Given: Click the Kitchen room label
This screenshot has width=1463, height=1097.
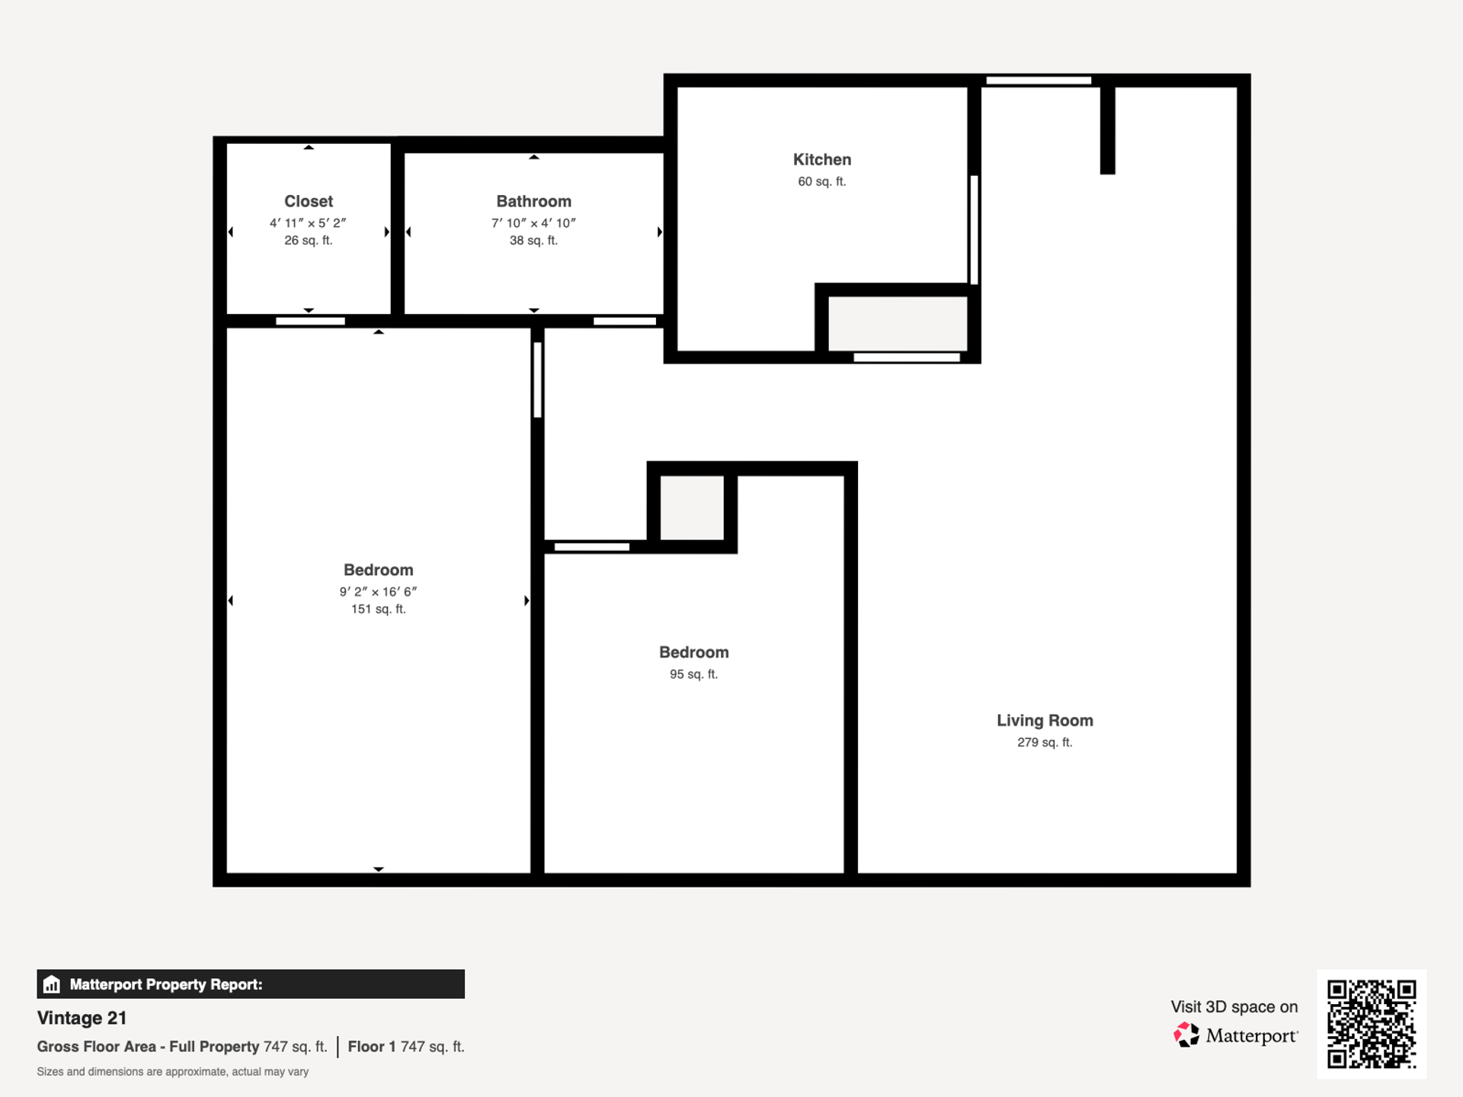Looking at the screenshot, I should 821,160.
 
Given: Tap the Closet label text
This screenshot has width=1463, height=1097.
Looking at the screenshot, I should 309,202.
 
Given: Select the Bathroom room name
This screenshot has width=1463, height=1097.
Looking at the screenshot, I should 533,202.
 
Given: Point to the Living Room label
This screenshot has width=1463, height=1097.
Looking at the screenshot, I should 1045,721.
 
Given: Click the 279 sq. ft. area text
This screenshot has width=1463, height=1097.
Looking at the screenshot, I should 1045,743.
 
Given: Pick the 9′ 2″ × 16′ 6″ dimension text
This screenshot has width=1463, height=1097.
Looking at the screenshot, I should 378,592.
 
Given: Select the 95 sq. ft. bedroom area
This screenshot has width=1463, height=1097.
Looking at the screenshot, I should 693,674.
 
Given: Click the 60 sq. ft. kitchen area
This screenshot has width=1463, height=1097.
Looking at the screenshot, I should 821,182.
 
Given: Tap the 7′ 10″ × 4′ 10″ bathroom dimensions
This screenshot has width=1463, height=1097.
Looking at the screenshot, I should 533,223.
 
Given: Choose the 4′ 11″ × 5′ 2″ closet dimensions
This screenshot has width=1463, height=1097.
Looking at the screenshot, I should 308,223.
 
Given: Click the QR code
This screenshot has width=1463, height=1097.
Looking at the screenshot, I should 1372,1024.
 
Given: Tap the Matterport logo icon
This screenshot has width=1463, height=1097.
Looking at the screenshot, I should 1186,1035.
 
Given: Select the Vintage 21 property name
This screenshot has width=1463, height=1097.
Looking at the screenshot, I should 82,1019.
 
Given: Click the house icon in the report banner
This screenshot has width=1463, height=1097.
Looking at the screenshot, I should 52,984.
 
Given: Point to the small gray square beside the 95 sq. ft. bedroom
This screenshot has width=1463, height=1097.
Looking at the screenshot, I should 692,508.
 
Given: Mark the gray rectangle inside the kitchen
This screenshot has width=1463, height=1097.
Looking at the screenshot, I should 898,324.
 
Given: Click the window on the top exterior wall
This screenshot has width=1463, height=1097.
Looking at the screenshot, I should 1039,81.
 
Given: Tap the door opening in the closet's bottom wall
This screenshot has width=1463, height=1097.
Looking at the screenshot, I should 310,321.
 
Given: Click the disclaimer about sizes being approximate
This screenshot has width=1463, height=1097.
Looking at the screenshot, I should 173,1072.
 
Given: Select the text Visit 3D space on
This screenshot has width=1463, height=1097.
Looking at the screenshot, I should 1234,1007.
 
